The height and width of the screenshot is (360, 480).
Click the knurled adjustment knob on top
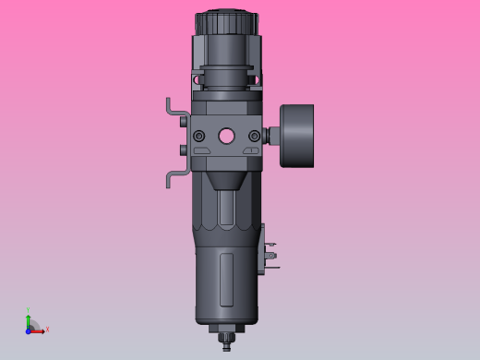(x=226, y=21)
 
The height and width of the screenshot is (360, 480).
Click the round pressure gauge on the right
(x=297, y=137)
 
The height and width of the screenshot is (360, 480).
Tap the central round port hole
(x=226, y=137)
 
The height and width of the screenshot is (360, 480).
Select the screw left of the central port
(x=198, y=137)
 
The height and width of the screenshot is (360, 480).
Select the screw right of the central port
(x=254, y=137)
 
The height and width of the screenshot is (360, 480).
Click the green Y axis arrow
(x=29, y=318)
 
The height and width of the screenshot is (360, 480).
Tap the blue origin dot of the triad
(x=29, y=330)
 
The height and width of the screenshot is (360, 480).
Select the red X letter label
(x=47, y=329)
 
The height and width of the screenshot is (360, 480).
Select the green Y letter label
(x=29, y=310)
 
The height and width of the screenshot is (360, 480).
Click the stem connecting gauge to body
(x=272, y=137)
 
